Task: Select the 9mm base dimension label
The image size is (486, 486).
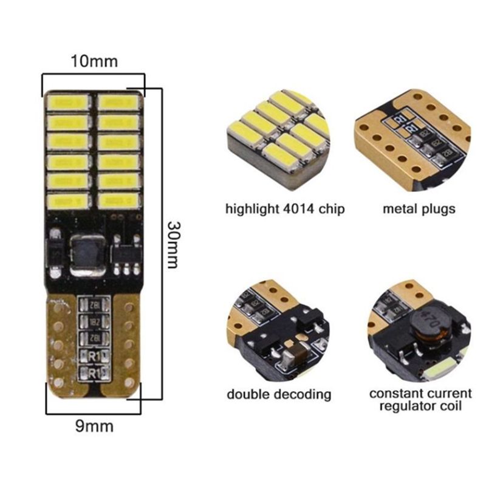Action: point(94,426)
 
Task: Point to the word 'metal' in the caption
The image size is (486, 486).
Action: point(400,210)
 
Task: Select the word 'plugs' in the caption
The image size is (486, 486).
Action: point(438,210)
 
